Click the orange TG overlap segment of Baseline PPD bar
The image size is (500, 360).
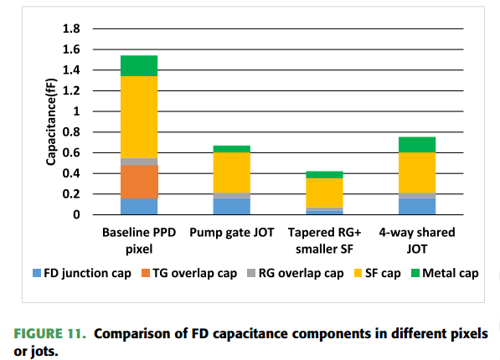tap(139, 182)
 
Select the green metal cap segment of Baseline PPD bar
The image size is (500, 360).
tap(139, 66)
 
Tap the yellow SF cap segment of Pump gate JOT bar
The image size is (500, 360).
tap(232, 172)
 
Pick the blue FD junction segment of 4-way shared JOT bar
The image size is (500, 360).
tap(417, 206)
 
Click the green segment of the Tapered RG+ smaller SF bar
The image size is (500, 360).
tap(324, 175)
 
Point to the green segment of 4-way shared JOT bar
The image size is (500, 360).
tap(417, 145)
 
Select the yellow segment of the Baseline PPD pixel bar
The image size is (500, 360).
tap(139, 117)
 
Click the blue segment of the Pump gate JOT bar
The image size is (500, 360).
tap(232, 206)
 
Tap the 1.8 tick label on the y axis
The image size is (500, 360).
tap(71, 28)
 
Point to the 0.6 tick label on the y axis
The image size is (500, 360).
tap(71, 152)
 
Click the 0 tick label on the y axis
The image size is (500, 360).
tap(76, 214)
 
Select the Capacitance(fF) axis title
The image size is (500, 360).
tap(51, 121)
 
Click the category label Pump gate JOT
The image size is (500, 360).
tap(232, 233)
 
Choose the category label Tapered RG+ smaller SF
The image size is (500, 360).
tap(324, 241)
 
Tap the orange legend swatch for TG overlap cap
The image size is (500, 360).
tap(146, 273)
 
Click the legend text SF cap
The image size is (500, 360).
tap(383, 274)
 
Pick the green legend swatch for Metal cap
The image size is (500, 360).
tap(415, 273)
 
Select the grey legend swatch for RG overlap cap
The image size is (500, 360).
tap(251, 273)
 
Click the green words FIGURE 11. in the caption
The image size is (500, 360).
tap(49, 334)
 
